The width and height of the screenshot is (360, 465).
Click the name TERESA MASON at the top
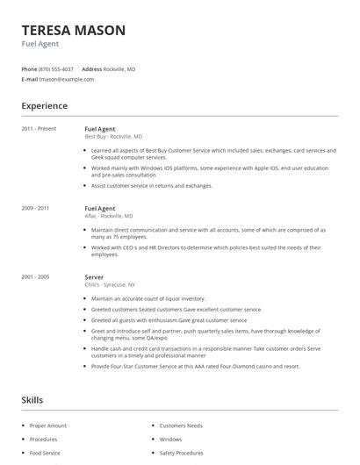[73, 30]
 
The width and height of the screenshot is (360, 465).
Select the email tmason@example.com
[67, 79]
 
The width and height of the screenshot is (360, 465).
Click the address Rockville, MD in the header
[120, 68]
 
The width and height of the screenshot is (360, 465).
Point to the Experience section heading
[44, 106]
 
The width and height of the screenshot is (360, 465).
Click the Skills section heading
[32, 400]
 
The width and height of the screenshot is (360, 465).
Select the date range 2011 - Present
[39, 129]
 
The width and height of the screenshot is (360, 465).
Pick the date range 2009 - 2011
[35, 208]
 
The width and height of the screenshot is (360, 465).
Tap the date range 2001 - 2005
[35, 276]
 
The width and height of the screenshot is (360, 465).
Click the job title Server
[94, 276]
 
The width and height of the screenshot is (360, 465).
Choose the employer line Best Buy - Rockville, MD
[113, 137]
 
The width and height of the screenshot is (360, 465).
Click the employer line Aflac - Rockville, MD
[108, 216]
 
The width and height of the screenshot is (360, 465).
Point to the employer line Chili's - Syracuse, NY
[109, 284]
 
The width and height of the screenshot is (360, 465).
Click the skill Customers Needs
[180, 426]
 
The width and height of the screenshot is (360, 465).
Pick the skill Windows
[170, 440]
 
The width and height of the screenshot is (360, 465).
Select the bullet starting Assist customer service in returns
[151, 186]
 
